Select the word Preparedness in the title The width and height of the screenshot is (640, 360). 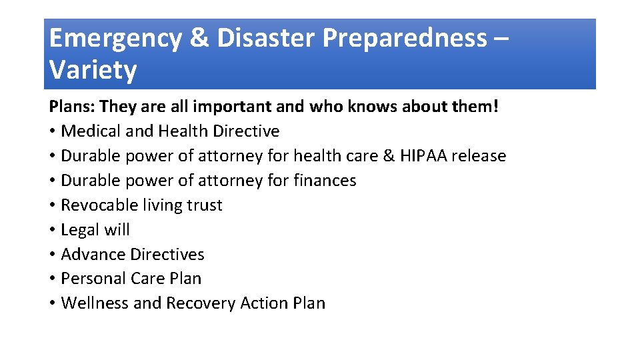coord(405,39)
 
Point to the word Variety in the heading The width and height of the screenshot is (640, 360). coord(93,69)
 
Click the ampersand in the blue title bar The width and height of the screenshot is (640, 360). coord(199,39)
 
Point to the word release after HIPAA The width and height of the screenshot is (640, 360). coord(479,156)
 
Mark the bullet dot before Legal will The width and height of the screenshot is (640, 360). coord(52,230)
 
